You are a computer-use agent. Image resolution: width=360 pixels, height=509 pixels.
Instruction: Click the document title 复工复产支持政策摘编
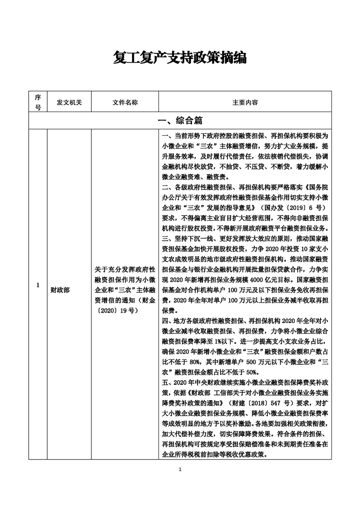(x=180, y=58)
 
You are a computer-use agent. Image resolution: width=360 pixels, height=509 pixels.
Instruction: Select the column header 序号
(x=38, y=103)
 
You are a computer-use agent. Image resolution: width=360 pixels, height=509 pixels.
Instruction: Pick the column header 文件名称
(x=125, y=103)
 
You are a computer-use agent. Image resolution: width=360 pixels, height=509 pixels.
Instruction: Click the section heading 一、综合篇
(x=180, y=121)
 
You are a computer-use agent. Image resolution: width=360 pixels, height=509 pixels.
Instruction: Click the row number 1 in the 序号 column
(x=38, y=285)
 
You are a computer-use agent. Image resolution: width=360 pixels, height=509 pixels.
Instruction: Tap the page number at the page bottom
(x=180, y=469)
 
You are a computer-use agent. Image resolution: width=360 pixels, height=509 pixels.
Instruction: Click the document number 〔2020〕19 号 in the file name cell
(x=116, y=311)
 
